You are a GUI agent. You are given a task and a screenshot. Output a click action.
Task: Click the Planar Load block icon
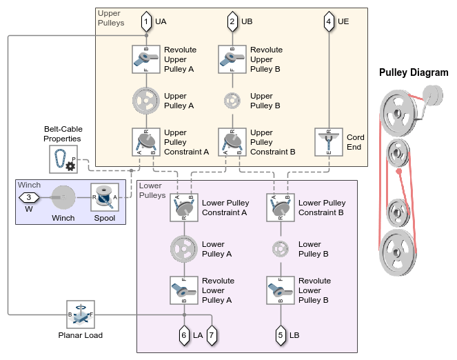tap(80, 314)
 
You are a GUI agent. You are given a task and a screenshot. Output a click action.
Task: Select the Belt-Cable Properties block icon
tap(63, 159)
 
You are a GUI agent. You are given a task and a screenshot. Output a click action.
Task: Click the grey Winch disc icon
tap(64, 198)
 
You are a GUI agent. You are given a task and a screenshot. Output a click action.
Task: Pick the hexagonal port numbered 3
tap(28, 198)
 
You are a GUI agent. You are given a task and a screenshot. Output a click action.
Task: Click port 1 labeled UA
tap(145, 21)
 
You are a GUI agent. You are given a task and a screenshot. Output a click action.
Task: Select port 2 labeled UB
tap(232, 21)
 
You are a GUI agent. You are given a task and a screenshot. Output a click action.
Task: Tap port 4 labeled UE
tap(329, 21)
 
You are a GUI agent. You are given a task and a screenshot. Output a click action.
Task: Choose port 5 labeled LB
tap(281, 334)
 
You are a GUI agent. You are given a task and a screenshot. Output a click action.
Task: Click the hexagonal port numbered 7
tap(212, 334)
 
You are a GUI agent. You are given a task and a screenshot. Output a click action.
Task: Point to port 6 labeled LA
tap(183, 334)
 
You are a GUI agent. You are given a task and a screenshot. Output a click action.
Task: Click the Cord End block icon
tap(329, 141)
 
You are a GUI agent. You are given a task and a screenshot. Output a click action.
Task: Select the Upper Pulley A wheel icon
tap(145, 101)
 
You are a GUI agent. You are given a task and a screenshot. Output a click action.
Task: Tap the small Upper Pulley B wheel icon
tap(232, 101)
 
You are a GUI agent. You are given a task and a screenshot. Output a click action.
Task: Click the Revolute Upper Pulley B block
tap(232, 59)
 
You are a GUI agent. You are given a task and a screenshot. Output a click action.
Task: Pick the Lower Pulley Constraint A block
tap(184, 208)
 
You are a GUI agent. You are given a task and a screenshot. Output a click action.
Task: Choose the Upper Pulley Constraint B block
tap(232, 141)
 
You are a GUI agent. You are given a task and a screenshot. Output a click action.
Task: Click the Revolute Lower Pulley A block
tap(184, 290)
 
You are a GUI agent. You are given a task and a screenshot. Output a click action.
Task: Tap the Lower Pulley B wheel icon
tap(281, 248)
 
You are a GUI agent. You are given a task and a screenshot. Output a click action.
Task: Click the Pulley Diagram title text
tap(414, 72)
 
